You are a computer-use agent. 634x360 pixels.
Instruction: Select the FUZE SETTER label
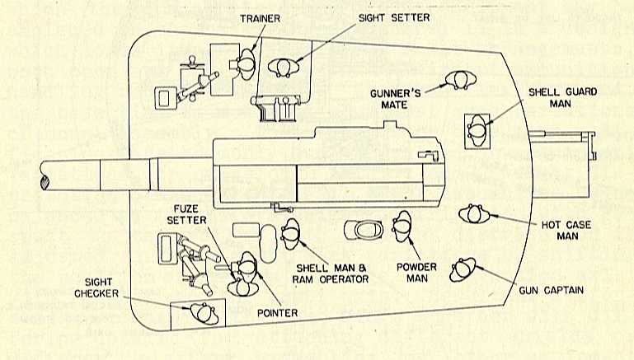pos(190,214)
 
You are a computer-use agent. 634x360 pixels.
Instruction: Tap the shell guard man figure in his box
pos(477,129)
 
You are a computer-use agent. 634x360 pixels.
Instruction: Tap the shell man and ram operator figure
pos(289,235)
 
